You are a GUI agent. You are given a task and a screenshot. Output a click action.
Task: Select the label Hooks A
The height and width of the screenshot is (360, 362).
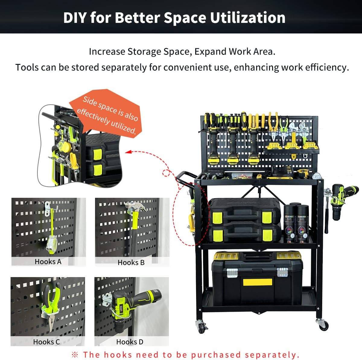coord(48,262)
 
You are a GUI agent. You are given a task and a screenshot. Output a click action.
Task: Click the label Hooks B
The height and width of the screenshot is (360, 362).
coord(131,263)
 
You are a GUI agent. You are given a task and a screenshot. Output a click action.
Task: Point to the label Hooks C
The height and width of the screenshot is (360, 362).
coord(46,342)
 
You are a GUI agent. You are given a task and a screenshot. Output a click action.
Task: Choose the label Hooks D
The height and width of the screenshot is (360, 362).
coord(130,342)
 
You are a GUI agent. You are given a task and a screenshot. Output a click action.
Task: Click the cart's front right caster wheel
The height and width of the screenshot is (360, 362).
coord(323,325)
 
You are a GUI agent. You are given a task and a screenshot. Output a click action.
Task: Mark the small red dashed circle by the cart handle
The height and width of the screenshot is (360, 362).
coord(166,173)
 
